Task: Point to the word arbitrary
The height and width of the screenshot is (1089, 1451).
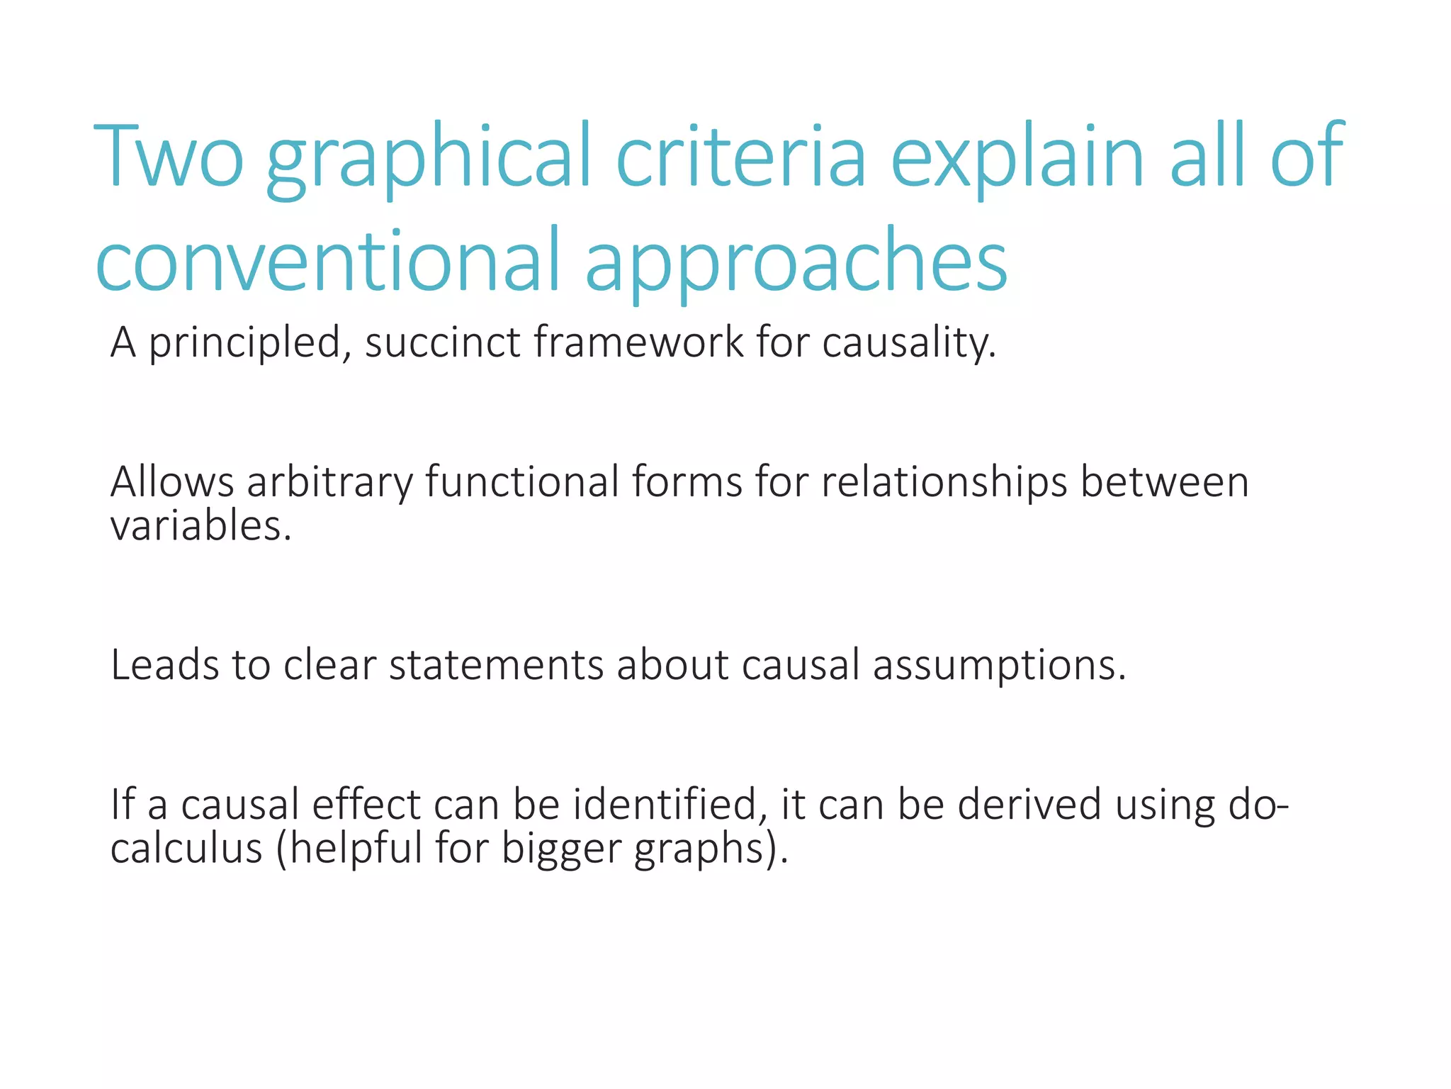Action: [329, 484]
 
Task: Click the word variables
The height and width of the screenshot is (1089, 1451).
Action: [201, 527]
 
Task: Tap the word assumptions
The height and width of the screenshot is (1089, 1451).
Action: [999, 667]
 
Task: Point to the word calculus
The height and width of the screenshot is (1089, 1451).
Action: [186, 848]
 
